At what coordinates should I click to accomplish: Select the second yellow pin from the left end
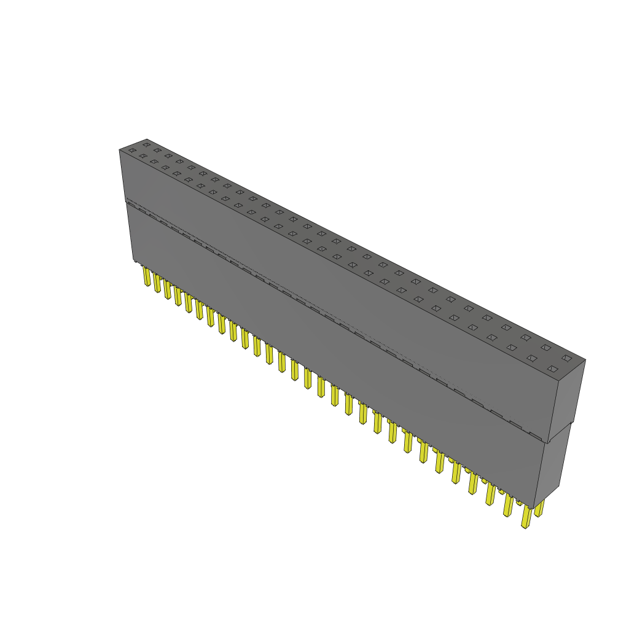click(157, 283)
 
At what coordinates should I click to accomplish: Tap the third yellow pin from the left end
click(167, 290)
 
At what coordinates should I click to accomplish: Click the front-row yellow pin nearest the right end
click(526, 517)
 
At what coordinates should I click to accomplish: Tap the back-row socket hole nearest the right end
click(566, 357)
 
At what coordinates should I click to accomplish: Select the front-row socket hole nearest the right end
click(552, 369)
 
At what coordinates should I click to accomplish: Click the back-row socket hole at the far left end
click(146, 144)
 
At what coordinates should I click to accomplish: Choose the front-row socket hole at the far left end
click(132, 150)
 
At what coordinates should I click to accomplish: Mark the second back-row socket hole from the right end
click(545, 348)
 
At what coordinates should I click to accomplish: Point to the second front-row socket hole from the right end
click(531, 357)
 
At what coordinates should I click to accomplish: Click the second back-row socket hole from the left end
click(157, 150)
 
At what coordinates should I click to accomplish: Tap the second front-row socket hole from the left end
click(143, 156)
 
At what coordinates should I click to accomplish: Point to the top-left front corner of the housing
click(119, 150)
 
